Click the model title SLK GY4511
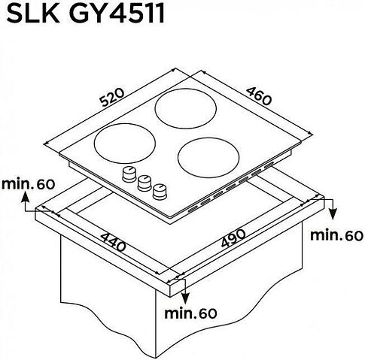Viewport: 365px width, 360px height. coord(85,13)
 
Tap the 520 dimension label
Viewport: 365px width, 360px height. coord(112,97)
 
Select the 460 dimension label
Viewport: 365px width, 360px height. coord(259,96)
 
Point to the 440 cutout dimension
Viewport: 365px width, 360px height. coord(114,242)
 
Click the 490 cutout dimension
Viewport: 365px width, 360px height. coord(233,238)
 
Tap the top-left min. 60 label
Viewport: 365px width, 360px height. coord(28,184)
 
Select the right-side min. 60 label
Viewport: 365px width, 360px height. coord(336,235)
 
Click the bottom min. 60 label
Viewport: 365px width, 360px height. coord(190,313)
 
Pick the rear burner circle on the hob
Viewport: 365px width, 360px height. coord(186,107)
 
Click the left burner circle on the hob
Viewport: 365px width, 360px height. coord(125,143)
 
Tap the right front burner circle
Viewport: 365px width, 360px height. coord(208,157)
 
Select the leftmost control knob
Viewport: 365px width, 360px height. coord(129,174)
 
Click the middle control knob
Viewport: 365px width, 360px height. coord(144,183)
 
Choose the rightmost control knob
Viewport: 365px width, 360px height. coord(160,192)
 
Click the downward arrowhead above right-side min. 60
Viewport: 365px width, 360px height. coord(333,213)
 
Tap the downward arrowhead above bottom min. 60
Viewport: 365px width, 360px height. coord(185,298)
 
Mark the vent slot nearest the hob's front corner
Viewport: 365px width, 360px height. coord(193,210)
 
